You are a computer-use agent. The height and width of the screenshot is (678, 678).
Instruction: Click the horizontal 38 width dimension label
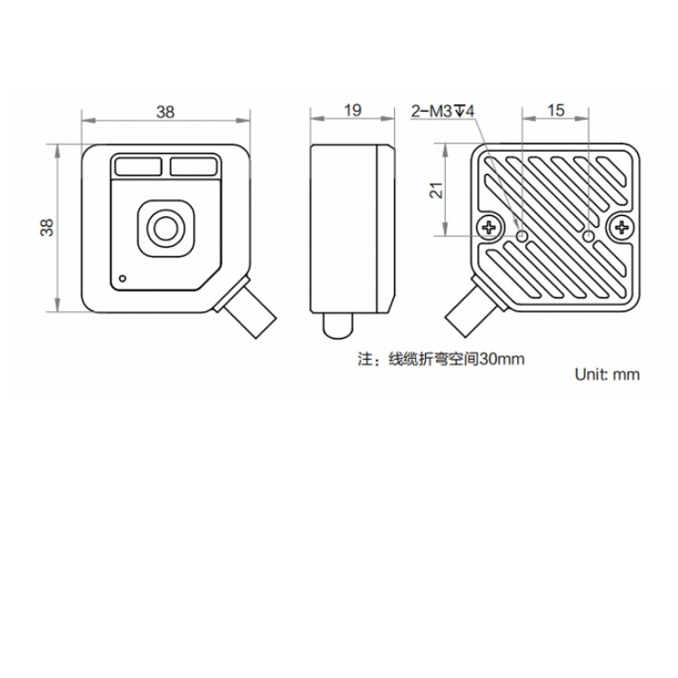[x=165, y=112]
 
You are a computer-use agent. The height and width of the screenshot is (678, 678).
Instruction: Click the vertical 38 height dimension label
[x=47, y=228]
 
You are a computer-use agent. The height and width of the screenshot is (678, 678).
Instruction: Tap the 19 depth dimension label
[x=353, y=110]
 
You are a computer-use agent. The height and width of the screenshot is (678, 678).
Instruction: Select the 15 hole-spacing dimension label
[x=556, y=110]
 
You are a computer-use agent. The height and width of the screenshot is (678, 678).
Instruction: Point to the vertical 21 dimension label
[x=437, y=190]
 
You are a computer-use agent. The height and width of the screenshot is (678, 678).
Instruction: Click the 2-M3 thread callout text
[x=442, y=111]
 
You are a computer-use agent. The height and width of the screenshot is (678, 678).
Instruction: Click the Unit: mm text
[x=607, y=374]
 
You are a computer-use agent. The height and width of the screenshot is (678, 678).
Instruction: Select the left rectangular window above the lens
[x=138, y=167]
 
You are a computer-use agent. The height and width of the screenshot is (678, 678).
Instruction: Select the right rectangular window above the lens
[x=193, y=167]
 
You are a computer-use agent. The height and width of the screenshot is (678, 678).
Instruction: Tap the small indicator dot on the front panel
[x=123, y=278]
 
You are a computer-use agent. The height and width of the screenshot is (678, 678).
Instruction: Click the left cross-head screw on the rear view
[x=490, y=227]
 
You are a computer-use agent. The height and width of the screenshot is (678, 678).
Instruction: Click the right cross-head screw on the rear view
[x=621, y=227]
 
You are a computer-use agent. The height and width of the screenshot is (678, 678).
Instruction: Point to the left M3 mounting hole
[x=523, y=236]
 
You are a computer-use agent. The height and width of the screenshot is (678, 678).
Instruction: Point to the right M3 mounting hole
[x=589, y=236]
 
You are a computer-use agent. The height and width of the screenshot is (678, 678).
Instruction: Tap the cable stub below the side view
[x=338, y=325]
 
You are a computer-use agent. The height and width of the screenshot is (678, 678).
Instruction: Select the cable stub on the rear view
[x=475, y=307]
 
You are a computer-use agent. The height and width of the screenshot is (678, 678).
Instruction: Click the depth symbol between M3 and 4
[x=459, y=111]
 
